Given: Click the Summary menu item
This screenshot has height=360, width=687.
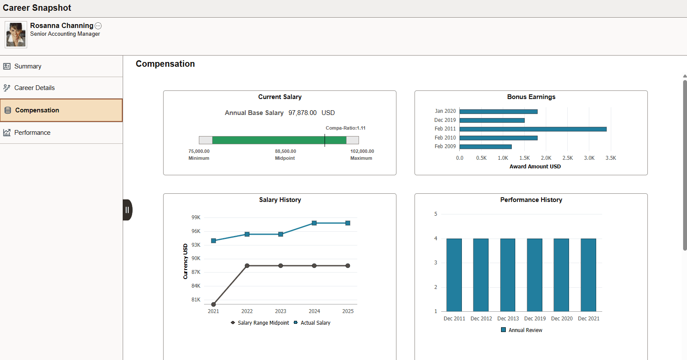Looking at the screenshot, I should coord(28,66).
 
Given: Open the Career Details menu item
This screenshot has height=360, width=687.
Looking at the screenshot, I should coord(34,88).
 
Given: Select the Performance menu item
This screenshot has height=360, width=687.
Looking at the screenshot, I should coord(32,133).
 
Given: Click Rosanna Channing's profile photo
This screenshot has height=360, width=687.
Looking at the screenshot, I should coord(16,34).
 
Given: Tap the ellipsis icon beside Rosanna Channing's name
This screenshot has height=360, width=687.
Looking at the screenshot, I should coord(98,26).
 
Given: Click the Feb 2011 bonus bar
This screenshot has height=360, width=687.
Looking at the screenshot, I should coord(533,129).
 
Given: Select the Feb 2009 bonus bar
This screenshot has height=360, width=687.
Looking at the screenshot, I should coord(486,146).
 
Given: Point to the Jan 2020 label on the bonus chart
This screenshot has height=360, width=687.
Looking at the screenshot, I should coord(445,111).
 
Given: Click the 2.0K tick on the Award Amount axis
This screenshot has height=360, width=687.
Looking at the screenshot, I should coord(546,158).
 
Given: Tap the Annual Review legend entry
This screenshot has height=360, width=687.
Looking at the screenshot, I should coord(522,330).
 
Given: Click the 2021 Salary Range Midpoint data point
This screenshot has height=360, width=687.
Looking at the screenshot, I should coord(214,304).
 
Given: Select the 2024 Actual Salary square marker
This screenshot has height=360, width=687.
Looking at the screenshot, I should coord(314,223).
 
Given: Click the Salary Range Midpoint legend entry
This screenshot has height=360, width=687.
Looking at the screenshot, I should coord(260,323).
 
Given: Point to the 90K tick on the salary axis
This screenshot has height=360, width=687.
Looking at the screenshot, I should coord(196,258).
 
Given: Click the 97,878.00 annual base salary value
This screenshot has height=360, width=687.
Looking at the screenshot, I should coord(302,113).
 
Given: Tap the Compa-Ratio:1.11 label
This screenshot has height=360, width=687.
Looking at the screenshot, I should coord(345,128).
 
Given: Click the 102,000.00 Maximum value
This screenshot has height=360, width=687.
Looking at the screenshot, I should coord(362,151).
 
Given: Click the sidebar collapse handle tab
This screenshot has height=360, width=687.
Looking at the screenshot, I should coord(127,210).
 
